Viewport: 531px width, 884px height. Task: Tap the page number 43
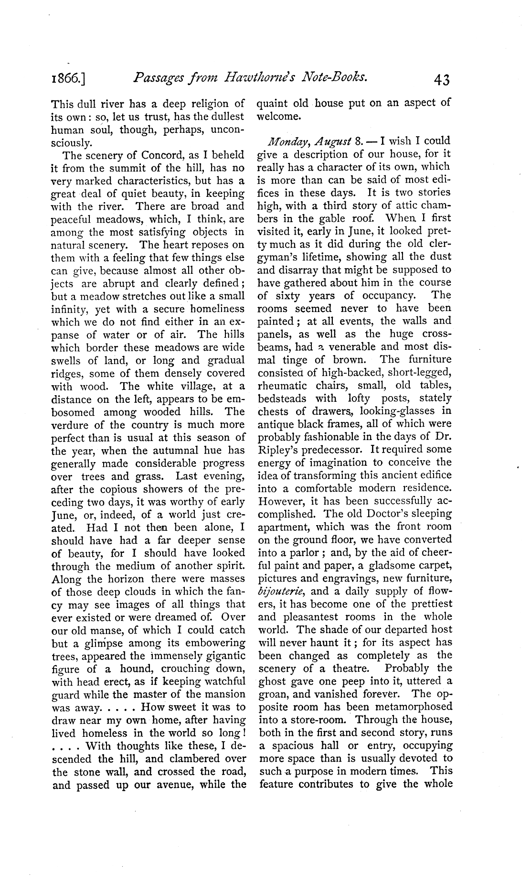click(x=441, y=78)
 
